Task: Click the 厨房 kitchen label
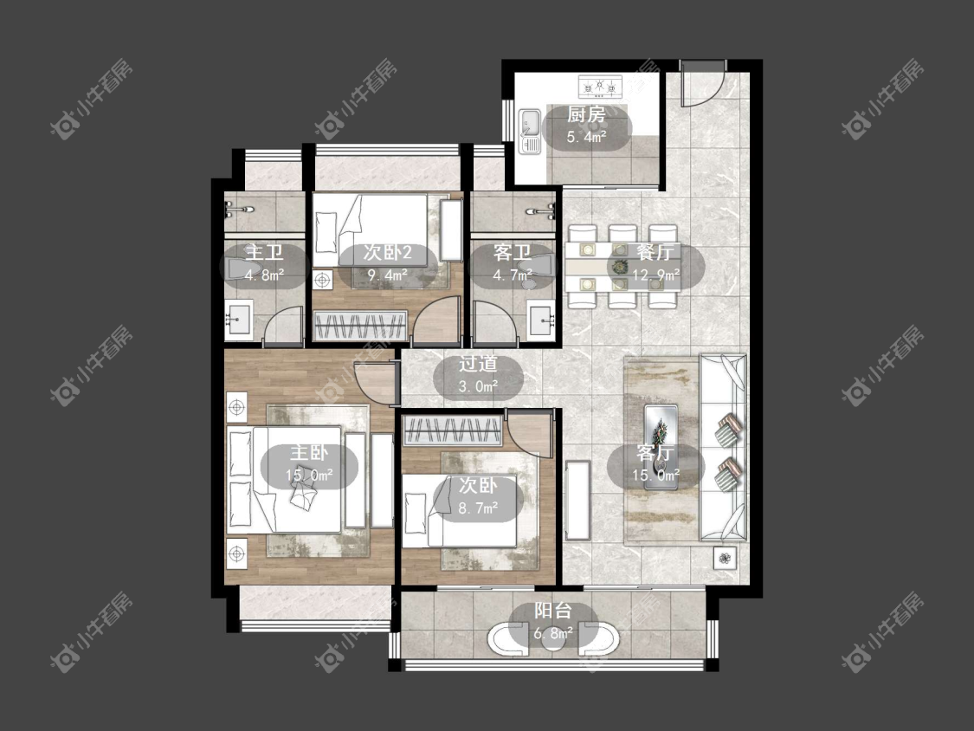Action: coord(586,114)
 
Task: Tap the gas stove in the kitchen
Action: coord(600,87)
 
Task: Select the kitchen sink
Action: coord(530,131)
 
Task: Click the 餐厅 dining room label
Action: coord(655,252)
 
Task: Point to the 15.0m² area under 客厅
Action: coord(656,475)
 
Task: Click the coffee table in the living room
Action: coord(661,446)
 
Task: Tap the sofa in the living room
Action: coord(723,447)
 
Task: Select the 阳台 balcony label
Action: coord(553,611)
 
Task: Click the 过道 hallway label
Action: coord(478,364)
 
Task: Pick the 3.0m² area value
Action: coord(478,386)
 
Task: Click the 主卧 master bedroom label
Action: coord(309,452)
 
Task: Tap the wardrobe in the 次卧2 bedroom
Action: coord(360,326)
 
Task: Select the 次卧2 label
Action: coord(388,252)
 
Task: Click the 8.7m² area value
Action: coord(478,508)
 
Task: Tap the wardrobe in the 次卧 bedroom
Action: coord(453,430)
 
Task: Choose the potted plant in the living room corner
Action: coord(725,558)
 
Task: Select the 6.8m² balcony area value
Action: coord(553,633)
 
